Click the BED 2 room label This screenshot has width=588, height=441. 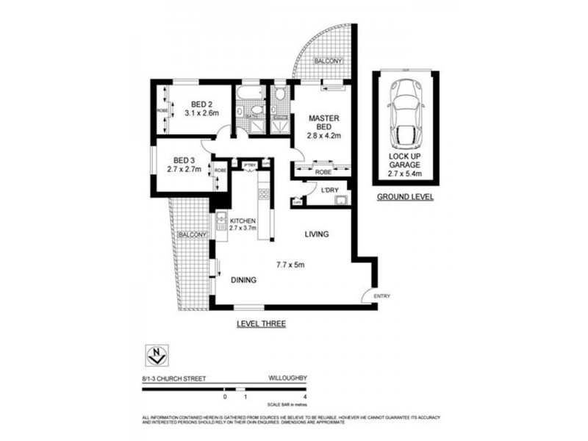[x=201, y=108]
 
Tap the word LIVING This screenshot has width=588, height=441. [x=318, y=234]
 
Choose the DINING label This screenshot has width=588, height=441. [x=244, y=280]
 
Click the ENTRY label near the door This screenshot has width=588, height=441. [x=382, y=296]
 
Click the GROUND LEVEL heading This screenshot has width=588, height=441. [x=404, y=198]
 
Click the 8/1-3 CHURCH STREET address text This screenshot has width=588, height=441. [x=173, y=379]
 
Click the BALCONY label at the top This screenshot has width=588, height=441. [x=328, y=62]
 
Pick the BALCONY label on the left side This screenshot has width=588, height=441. [x=191, y=234]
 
